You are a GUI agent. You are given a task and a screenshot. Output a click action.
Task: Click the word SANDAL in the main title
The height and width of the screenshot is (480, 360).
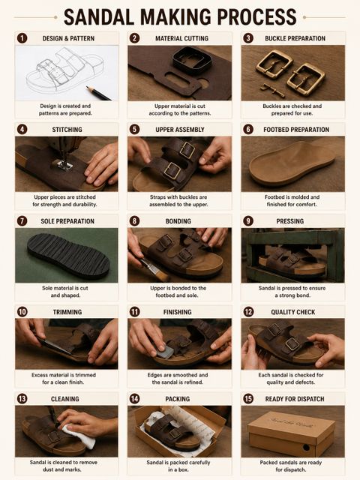(98, 16)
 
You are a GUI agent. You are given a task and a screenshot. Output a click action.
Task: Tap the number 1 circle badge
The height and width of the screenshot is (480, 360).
(22, 38)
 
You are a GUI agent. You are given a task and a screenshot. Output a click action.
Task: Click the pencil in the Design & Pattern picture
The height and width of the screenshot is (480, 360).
(98, 93)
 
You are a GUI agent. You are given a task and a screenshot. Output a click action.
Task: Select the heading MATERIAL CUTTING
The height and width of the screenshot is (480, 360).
(181, 38)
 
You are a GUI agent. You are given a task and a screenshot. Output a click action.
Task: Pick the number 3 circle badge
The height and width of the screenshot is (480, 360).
(248, 38)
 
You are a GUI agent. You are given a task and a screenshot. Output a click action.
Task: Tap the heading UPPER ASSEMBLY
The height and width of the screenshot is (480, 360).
(180, 130)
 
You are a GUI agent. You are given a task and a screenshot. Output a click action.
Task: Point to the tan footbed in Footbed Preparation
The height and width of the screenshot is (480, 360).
(292, 162)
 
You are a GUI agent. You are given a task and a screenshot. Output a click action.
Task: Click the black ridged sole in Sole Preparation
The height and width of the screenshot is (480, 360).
(68, 255)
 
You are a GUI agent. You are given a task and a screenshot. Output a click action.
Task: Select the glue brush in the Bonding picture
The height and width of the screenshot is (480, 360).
(154, 268)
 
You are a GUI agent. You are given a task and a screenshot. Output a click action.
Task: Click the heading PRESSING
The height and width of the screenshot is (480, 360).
(290, 221)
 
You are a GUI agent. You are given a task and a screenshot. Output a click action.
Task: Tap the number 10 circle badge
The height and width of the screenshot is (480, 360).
(22, 312)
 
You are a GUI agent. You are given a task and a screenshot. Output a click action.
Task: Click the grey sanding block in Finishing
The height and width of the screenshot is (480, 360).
(165, 352)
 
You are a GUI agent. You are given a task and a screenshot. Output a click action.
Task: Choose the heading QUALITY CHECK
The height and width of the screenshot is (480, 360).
(293, 312)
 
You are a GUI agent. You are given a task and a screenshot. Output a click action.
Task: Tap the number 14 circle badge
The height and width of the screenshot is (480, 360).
(135, 399)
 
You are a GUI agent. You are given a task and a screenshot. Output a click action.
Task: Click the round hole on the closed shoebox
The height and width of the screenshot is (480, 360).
(306, 447)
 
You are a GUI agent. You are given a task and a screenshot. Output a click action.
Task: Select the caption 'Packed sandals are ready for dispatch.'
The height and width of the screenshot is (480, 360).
(290, 466)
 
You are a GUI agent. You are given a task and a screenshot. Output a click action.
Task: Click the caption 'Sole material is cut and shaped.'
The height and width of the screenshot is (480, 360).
(65, 292)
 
